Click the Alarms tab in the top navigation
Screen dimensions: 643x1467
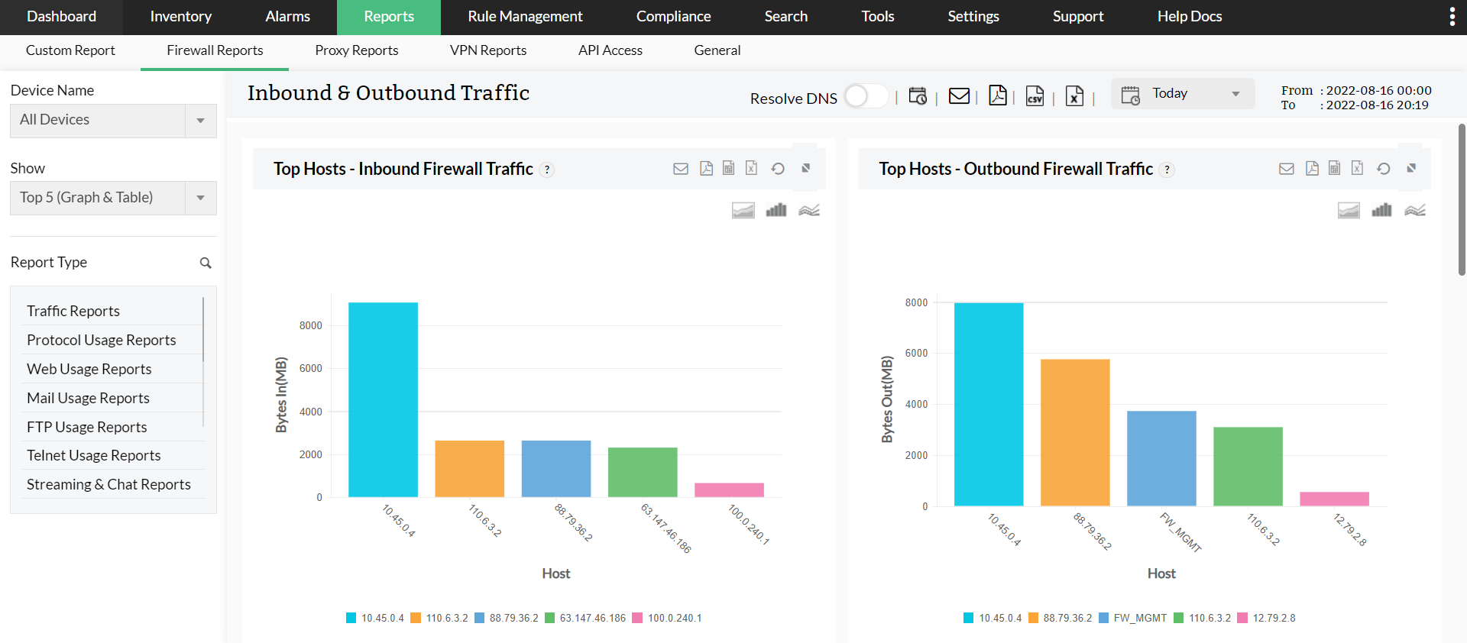pos(287,17)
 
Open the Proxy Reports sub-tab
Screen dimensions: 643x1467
pos(356,50)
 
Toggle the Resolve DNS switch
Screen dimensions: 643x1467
pos(866,96)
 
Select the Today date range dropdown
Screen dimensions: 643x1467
pos(1182,94)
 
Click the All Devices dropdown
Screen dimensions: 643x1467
pos(113,121)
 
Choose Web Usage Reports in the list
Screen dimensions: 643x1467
pos(89,369)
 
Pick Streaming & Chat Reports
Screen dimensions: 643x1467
pos(108,484)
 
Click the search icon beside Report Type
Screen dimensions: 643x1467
pos(206,263)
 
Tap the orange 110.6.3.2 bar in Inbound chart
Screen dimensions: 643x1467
pos(469,468)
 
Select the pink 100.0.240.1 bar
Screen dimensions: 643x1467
pos(729,490)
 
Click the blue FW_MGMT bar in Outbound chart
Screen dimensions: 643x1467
pos(1161,458)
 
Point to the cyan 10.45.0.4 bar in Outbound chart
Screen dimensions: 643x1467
pos(989,404)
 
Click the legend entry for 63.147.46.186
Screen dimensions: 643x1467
pos(585,618)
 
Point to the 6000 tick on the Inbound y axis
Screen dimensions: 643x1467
pos(311,368)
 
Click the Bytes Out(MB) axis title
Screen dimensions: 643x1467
pos(887,399)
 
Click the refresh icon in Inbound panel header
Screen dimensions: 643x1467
pos(778,169)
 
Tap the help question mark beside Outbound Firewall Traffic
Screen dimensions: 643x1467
pos(1167,170)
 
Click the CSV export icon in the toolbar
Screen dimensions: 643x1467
pos(1035,96)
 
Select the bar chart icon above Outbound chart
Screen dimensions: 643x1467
pos(1381,210)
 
